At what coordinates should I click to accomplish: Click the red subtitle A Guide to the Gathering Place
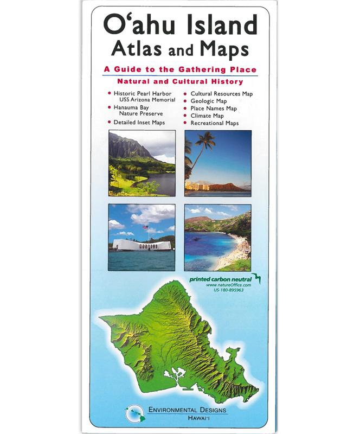click(180, 69)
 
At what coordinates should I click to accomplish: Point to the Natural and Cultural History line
click(180, 81)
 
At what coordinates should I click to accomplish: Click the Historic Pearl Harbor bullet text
click(144, 93)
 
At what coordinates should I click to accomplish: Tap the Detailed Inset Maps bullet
click(139, 123)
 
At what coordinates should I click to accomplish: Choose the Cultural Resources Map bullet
click(221, 94)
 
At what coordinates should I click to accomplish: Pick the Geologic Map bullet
click(208, 101)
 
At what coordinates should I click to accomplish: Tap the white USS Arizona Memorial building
click(142, 245)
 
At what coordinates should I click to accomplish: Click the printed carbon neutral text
click(221, 278)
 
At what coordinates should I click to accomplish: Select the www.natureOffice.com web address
click(228, 285)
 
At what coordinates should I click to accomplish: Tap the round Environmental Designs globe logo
click(133, 414)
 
